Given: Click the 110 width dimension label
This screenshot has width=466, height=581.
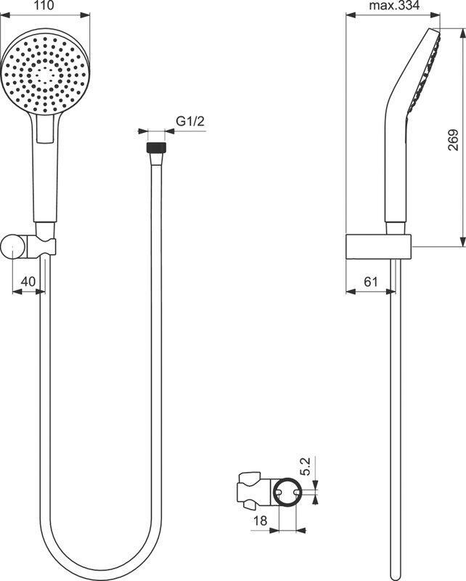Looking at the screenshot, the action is [x=44, y=5].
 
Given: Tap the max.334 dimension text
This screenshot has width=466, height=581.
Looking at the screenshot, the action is [x=394, y=6].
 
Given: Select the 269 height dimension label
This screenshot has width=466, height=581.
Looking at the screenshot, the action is [x=453, y=139].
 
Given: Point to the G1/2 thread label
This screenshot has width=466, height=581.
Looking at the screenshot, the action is [x=190, y=121].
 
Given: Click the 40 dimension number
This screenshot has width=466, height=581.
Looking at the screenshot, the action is [x=28, y=282].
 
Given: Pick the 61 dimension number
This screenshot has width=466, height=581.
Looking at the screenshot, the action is [x=371, y=282].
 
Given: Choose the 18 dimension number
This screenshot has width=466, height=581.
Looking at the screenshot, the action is [x=260, y=521].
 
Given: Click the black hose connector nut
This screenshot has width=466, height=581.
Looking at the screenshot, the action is [x=157, y=147].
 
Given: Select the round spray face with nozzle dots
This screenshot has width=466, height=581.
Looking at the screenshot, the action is [x=45, y=74].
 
